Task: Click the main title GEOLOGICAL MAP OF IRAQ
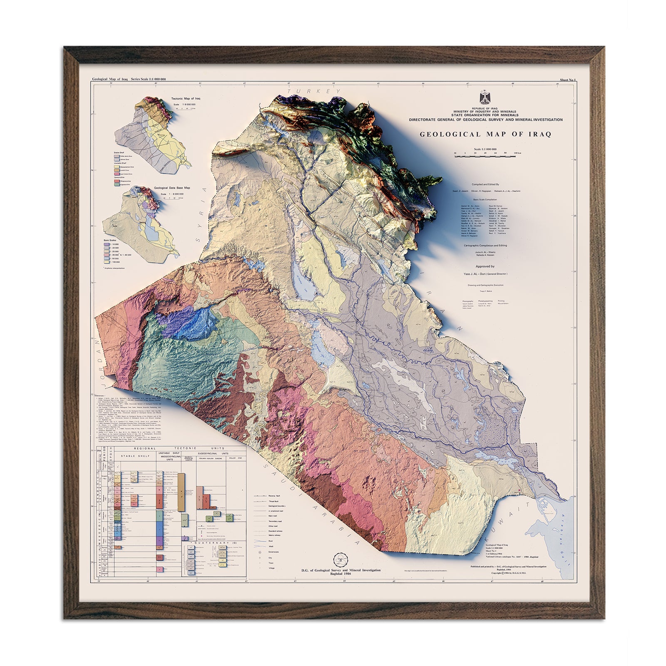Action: click(x=485, y=134)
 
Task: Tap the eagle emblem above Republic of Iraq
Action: click(x=485, y=98)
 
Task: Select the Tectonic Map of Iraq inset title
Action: click(x=186, y=99)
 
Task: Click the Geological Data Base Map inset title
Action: click(x=172, y=188)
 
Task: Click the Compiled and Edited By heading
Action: click(x=485, y=184)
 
